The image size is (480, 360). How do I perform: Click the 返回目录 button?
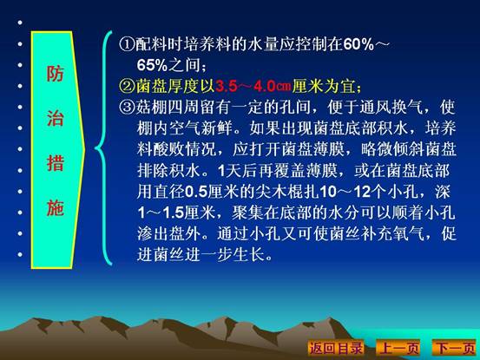click(336, 348)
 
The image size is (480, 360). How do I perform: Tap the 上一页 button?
click(398, 348)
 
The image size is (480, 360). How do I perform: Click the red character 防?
click(55, 74)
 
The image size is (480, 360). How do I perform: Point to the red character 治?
click(55, 119)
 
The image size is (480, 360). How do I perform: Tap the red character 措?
click(55, 163)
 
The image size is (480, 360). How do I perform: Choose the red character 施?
click(55, 207)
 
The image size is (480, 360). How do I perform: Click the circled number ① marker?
click(127, 44)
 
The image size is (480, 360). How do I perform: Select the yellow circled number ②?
click(127, 86)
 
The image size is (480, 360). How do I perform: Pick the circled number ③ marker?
click(127, 108)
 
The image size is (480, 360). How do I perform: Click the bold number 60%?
click(358, 44)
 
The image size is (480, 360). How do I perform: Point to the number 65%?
click(152, 65)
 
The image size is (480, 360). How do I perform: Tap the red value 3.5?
click(227, 87)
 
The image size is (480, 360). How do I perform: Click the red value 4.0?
click(265, 87)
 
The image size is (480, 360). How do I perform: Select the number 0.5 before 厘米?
click(196, 192)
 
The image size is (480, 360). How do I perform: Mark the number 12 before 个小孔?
click(363, 192)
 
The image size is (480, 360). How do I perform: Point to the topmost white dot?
click(20, 23)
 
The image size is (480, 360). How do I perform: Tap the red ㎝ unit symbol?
click(283, 87)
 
